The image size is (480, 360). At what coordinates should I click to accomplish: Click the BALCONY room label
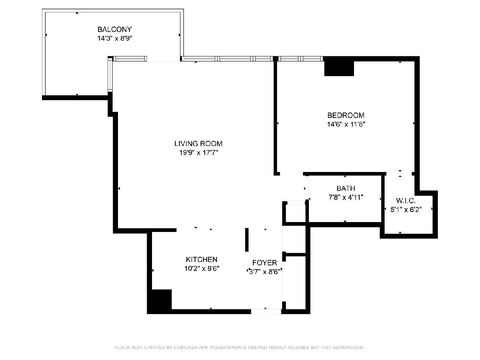[114, 29]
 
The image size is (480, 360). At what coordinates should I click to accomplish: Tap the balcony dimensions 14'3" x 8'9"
[115, 38]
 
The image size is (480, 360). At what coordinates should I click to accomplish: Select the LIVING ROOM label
[198, 144]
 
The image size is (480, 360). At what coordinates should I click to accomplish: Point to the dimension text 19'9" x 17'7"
[199, 152]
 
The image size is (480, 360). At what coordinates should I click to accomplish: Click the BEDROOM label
[346, 115]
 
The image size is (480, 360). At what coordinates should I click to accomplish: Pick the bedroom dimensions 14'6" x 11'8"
[346, 124]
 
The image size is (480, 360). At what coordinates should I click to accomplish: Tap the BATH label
[346, 188]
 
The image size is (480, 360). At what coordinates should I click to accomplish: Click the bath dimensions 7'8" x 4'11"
[346, 197]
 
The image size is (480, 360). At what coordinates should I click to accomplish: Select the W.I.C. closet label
[406, 200]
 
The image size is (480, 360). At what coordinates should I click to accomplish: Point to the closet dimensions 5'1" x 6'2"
[406, 210]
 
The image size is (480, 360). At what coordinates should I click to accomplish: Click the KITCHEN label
[202, 260]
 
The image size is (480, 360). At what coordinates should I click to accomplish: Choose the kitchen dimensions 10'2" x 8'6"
[202, 268]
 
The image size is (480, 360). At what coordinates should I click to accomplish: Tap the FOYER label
[265, 262]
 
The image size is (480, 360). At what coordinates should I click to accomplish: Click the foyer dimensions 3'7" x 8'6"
[265, 272]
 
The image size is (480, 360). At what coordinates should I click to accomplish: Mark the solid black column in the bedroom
[339, 68]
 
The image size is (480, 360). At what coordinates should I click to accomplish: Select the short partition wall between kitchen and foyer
[247, 240]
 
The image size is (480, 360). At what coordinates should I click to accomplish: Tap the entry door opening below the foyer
[266, 312]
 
